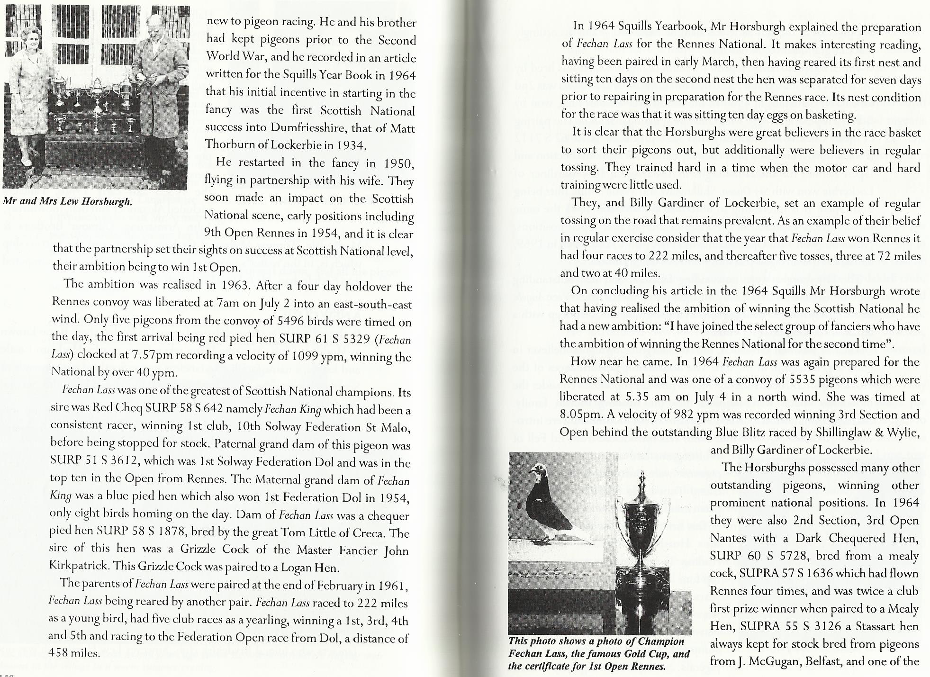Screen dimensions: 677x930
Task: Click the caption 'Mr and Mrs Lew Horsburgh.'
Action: [x=68, y=201]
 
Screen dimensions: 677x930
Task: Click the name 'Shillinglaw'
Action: [x=841, y=433]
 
